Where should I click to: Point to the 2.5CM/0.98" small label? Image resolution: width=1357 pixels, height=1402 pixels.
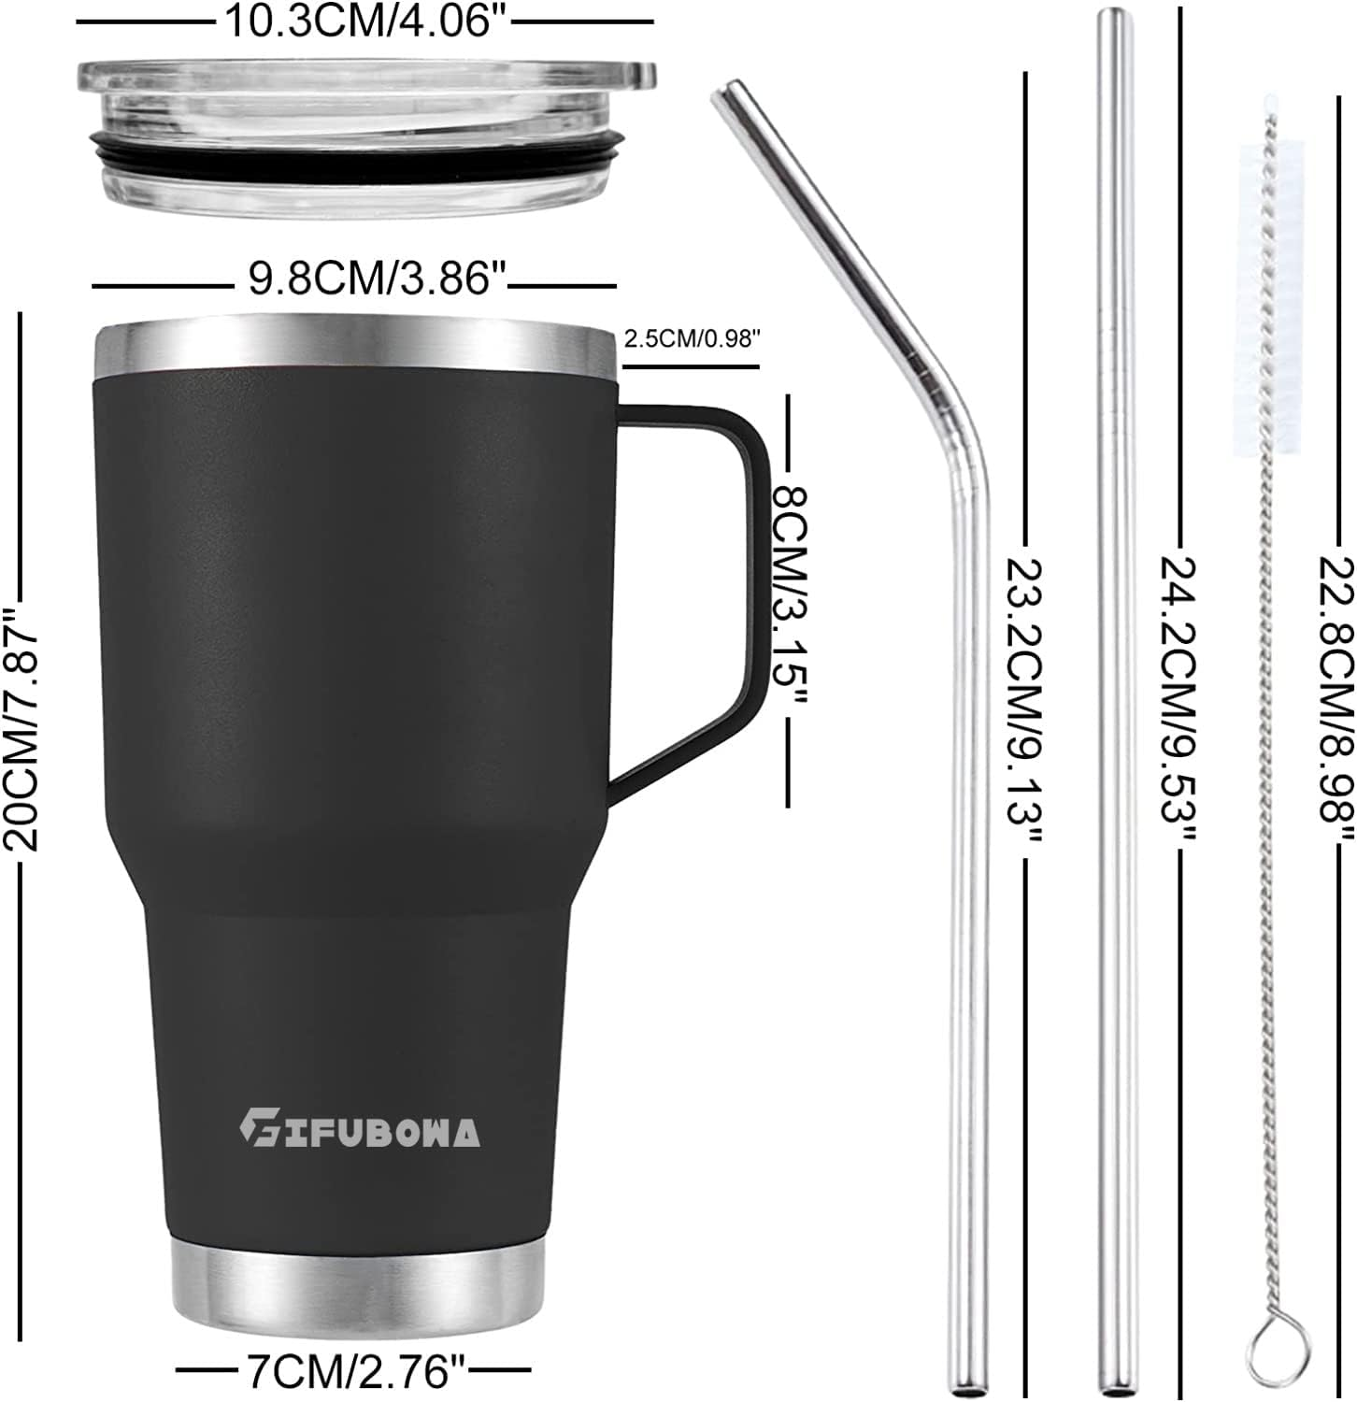coord(689,339)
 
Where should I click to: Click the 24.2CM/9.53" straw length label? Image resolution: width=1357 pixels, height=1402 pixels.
coord(1180,701)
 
